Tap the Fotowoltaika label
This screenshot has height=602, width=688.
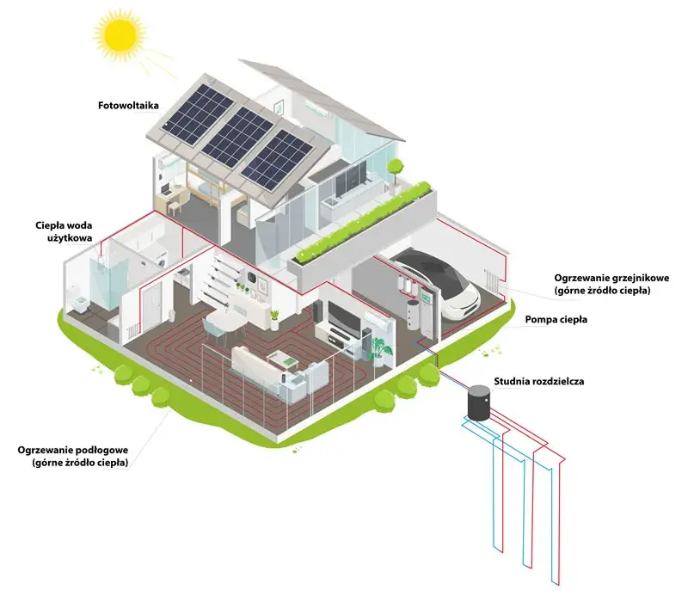[128, 105]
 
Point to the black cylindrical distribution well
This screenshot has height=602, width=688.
[478, 402]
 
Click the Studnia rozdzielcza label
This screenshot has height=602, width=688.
[539, 381]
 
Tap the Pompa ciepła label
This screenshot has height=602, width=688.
[556, 319]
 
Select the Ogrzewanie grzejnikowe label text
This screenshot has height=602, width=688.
[611, 284]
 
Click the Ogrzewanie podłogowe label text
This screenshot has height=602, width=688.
[73, 456]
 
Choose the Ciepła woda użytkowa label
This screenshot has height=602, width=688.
[64, 231]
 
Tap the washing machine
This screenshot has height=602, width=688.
[162, 259]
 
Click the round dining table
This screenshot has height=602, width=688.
[226, 319]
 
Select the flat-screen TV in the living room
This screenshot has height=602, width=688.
[345, 316]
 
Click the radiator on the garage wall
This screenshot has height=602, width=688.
[490, 280]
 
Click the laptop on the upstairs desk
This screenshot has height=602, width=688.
[166, 189]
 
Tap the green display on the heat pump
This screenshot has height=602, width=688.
[426, 296]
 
